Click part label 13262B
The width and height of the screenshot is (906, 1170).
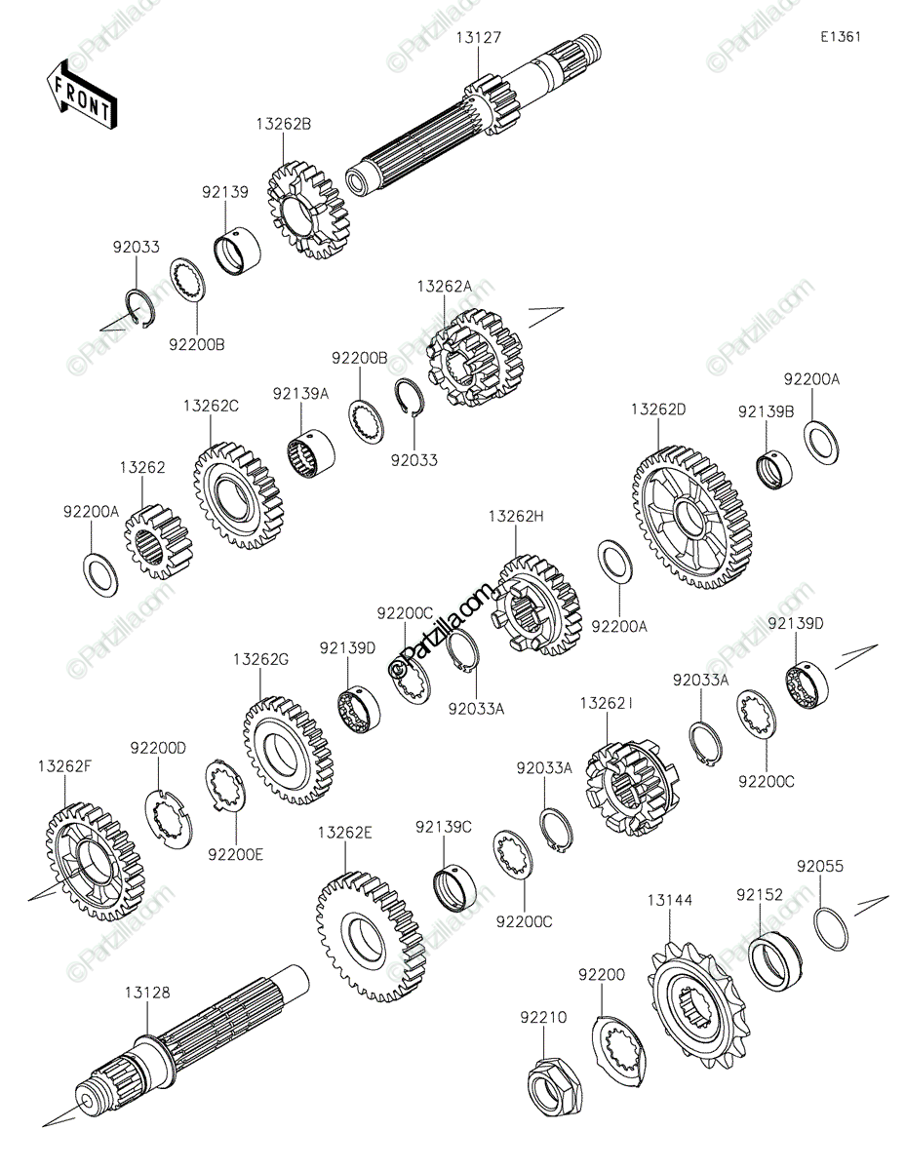[284, 124]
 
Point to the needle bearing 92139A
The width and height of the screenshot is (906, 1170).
[311, 454]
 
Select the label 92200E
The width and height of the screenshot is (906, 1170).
[235, 854]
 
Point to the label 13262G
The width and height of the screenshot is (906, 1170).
[260, 660]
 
